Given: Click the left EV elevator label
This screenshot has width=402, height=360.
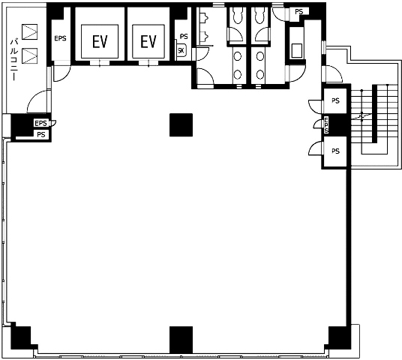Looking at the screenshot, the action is pos(100,41).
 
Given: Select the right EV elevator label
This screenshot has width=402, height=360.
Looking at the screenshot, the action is pos(148,41).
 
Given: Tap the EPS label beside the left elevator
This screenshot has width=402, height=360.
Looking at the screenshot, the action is pos(60,38).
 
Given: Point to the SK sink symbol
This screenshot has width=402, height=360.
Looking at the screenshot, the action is pos(181,51).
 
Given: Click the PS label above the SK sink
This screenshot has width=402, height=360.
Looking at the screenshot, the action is pos(184,37).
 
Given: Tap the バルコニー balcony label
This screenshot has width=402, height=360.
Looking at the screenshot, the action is pos(14,60).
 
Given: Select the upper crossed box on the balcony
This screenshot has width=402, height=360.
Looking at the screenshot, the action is pos(30,32).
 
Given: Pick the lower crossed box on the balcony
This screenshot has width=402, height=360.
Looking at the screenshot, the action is pos(30,55).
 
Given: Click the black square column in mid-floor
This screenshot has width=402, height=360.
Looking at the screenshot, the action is pos(181,124).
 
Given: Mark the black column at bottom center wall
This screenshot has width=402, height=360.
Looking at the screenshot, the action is pos(181,340).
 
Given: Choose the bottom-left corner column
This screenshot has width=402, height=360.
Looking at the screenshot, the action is pos(22,338).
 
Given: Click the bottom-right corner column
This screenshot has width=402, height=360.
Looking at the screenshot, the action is pos(338,338).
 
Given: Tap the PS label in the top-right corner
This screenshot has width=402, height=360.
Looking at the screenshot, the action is pos(298,12).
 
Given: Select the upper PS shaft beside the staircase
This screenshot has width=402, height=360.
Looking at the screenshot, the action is pos(335,100).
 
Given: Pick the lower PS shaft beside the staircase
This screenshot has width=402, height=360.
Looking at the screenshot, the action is pos(335,151).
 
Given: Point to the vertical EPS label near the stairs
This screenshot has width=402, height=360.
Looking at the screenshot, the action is pos(326,125).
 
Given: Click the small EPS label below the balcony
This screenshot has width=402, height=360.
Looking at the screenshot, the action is pos(40,123).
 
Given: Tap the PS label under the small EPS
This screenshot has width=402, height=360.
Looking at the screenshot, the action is pos(41,134).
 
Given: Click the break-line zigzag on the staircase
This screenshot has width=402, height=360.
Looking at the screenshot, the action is pos(362,117).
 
